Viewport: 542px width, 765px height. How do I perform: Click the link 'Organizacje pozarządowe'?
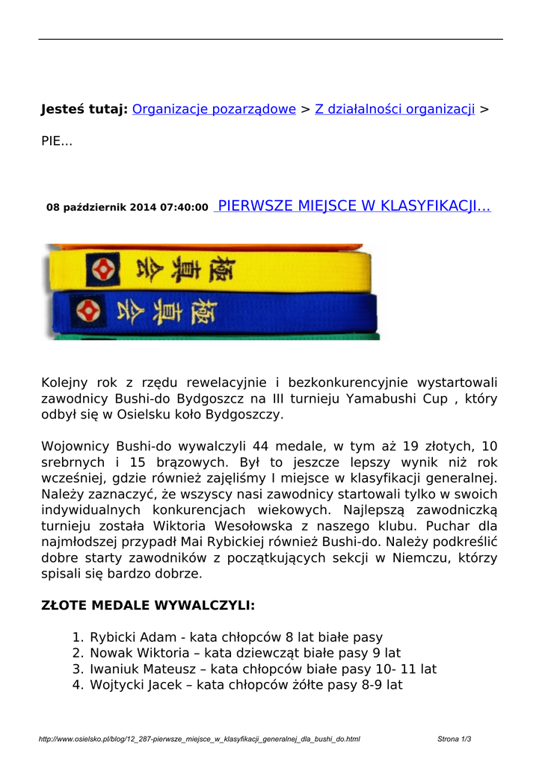pos(214,110)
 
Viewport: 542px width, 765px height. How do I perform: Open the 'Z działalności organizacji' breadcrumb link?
pos(395,110)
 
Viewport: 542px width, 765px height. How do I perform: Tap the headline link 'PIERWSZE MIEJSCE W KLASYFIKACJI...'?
pos(352,206)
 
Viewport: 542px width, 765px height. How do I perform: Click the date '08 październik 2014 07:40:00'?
pos(127,208)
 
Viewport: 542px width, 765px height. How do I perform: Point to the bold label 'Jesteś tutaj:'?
pos(84,110)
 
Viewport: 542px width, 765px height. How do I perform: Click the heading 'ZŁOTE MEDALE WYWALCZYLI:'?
pos(147,605)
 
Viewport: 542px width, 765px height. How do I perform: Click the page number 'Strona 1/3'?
pos(454,739)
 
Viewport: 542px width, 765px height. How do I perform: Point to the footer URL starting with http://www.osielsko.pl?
pos(199,739)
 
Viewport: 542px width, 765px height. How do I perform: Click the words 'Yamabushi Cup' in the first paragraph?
pos(404,399)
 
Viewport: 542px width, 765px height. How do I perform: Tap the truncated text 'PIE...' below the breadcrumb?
pos(56,140)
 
